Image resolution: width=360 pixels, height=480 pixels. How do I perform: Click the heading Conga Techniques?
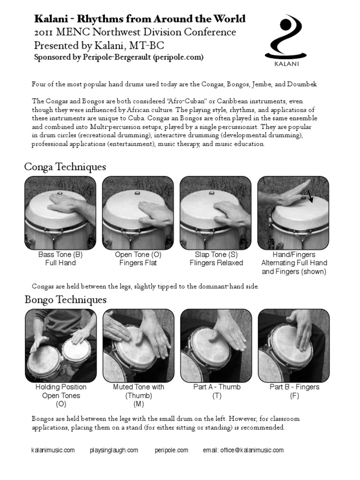[65, 167]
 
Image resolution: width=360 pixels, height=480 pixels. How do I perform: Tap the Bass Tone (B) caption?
[60, 255]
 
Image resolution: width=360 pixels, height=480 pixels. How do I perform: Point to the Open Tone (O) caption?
[138, 255]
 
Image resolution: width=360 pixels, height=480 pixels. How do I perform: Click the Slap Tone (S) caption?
[216, 255]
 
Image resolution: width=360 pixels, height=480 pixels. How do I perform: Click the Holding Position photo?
[60, 345]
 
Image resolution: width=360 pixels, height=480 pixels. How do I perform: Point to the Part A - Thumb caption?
[217, 387]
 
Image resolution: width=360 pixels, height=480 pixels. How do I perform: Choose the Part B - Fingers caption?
[294, 387]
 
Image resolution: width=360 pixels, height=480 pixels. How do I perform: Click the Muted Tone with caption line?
[139, 387]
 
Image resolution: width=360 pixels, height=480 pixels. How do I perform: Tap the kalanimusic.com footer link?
[53, 450]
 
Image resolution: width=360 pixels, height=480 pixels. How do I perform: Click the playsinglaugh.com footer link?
[114, 450]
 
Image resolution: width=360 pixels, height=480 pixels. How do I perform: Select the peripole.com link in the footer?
[171, 450]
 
